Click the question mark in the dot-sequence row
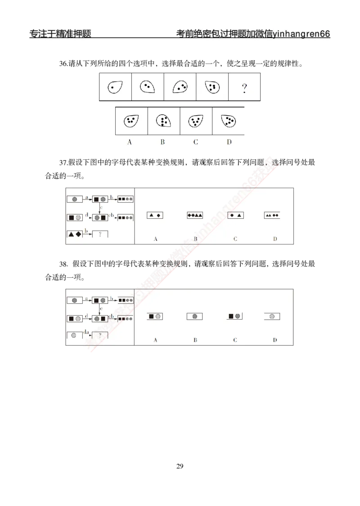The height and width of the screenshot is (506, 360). tap(244, 88)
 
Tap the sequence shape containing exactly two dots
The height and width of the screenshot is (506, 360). tap(147, 86)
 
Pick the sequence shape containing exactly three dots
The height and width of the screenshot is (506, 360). tap(180, 87)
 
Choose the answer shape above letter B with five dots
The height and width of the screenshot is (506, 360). tap(163, 121)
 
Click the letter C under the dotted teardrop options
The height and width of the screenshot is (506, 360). tap(196, 142)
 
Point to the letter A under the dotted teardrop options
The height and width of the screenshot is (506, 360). tap(130, 142)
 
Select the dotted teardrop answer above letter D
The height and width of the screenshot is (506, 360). tap(229, 120)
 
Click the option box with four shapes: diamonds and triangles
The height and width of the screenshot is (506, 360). tap(195, 216)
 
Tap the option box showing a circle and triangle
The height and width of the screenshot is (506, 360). tap(235, 216)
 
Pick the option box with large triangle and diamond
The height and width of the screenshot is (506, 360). tap(155, 216)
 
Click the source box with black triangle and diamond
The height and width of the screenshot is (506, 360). tap(75, 234)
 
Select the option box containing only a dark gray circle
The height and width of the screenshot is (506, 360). tap(195, 316)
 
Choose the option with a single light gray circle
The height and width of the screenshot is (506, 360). tap(272, 316)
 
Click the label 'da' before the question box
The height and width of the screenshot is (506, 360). tap(87, 332)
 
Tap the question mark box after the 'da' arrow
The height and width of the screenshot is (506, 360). tap(100, 335)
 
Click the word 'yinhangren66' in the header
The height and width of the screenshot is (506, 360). tap(301, 34)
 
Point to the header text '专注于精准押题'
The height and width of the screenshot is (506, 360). tap(60, 34)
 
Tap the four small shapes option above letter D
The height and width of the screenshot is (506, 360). tap(272, 216)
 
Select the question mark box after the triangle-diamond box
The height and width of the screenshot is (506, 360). tap(100, 234)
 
